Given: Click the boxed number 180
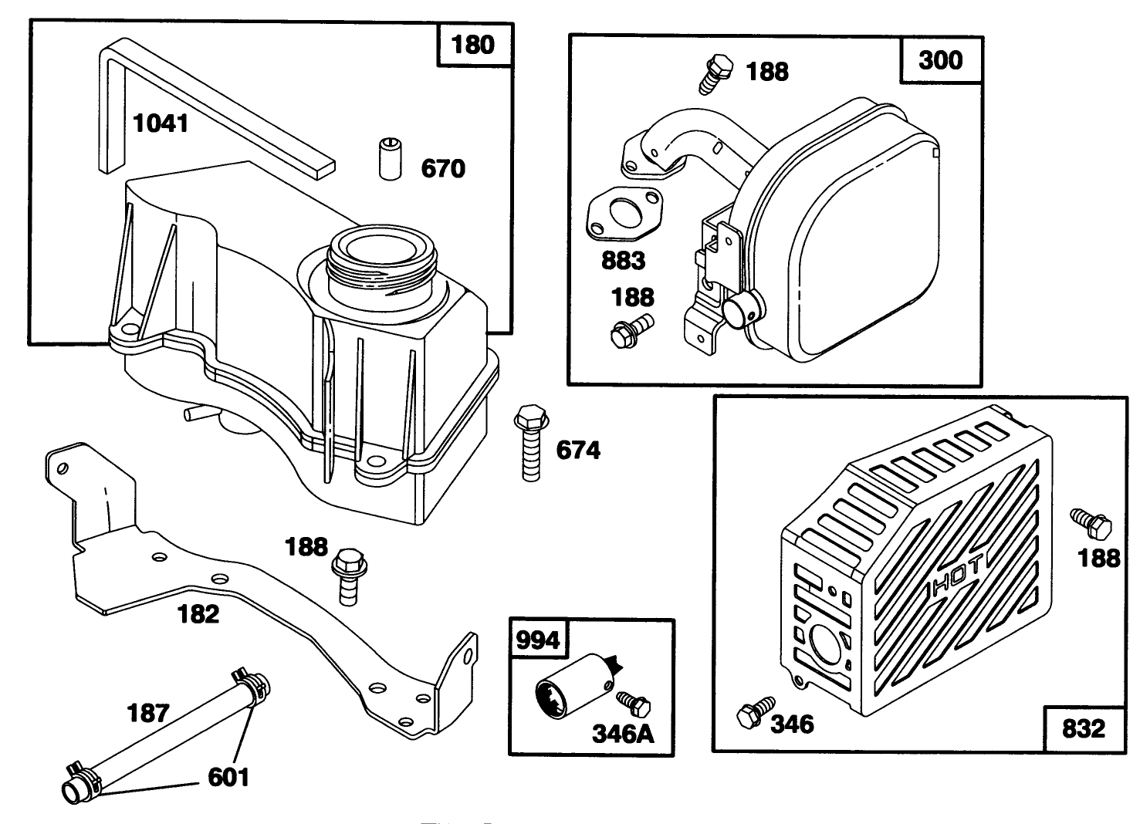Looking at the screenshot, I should (x=472, y=45).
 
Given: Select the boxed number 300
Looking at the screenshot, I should (x=940, y=59).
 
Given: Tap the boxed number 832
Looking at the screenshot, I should (x=1083, y=728).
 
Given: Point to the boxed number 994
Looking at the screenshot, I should (x=537, y=640).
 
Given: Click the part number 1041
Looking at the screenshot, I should (x=161, y=123).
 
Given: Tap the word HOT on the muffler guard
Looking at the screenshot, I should (x=956, y=575).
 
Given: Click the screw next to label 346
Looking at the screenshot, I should (x=754, y=713).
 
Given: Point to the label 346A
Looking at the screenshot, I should (x=622, y=733).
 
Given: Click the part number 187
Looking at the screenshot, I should (x=147, y=712).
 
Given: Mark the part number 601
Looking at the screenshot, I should (x=228, y=776).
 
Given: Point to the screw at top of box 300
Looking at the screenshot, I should (x=715, y=73).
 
